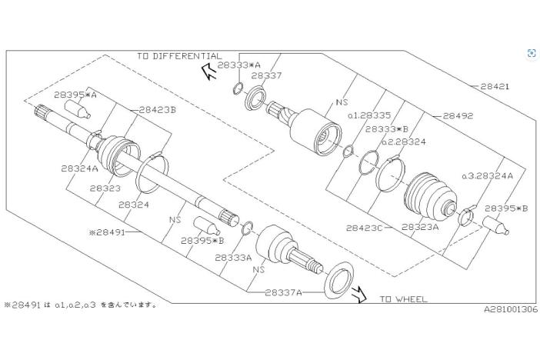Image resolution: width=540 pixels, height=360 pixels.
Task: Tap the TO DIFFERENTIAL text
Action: coord(178,56)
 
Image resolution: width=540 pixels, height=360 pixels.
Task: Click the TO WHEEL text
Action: coord(403,299)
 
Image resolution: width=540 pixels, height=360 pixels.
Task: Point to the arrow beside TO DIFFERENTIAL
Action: coord(207,72)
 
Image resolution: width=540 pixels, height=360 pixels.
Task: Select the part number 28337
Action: coord(266,75)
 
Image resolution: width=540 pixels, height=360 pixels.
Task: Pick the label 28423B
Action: coord(158,110)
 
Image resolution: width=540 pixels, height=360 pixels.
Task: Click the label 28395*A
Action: coord(75,95)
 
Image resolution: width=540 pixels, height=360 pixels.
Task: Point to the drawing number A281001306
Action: coord(511,310)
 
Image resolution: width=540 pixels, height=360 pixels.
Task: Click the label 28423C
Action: coord(365,228)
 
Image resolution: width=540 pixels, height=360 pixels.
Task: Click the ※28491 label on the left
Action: coord(112,230)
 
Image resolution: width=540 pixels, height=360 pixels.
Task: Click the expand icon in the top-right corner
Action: coord(532,52)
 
